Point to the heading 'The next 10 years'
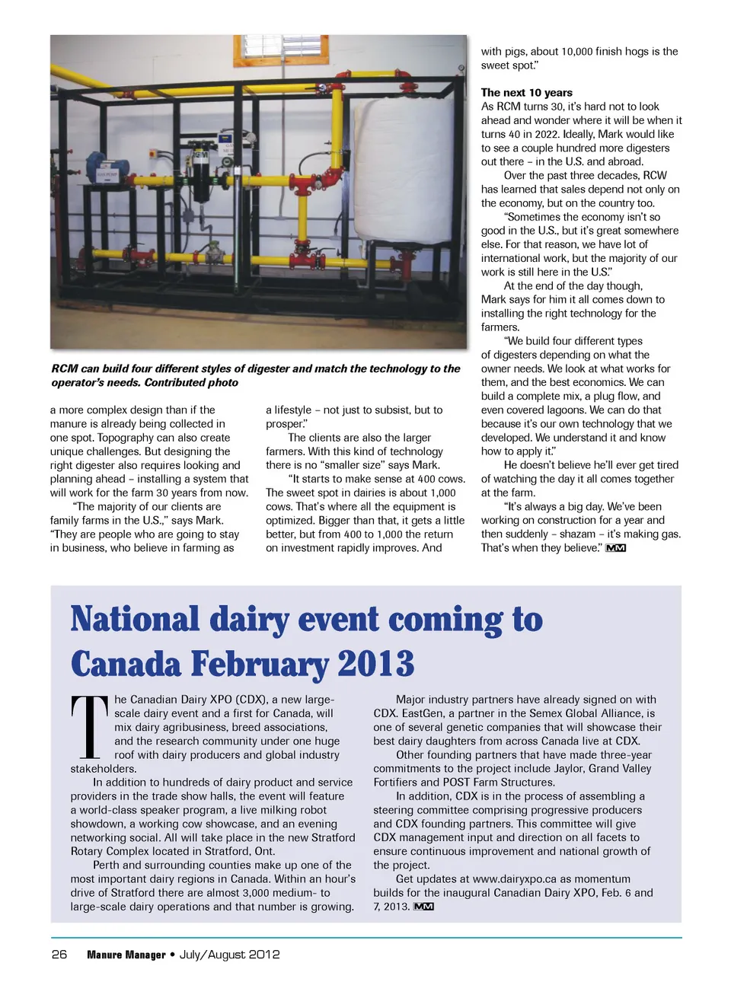point(526,92)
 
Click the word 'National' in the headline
point(135,620)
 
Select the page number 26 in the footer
point(59,955)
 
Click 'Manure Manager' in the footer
point(126,955)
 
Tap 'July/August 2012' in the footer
point(229,955)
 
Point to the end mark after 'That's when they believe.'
point(615,548)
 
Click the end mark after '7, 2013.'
point(423,907)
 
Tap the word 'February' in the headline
point(260,664)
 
